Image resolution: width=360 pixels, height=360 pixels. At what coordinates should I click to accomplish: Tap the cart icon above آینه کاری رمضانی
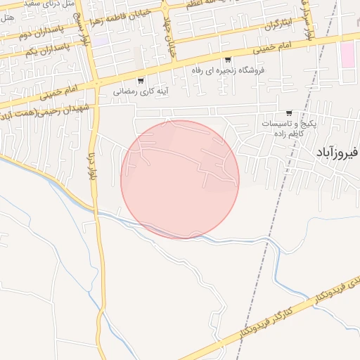click(141, 79)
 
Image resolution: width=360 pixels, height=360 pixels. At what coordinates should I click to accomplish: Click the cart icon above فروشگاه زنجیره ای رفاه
click(228, 60)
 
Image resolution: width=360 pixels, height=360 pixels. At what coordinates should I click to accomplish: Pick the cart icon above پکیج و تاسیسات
click(289, 113)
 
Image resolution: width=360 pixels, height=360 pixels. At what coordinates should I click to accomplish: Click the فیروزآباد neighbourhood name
click(338, 151)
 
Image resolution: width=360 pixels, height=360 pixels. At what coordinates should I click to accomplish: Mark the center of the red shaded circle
click(180, 180)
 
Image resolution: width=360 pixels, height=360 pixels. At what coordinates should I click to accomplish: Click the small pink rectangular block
click(348, 55)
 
